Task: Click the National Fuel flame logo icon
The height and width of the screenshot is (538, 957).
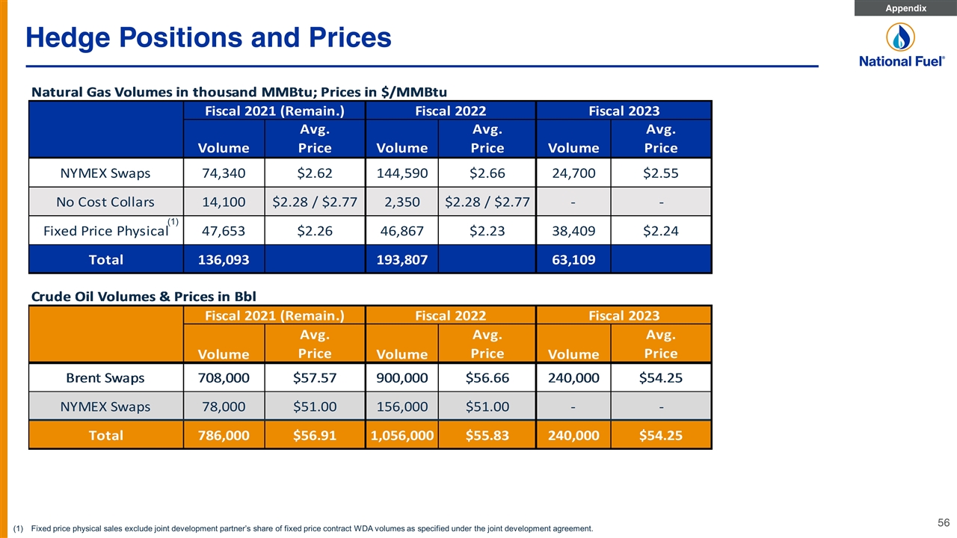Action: [x=901, y=37]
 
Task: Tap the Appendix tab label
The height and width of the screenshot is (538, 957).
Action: [x=905, y=8]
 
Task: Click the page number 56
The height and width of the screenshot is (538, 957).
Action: [x=944, y=522]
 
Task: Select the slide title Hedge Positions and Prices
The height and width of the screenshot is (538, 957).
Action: [x=209, y=37]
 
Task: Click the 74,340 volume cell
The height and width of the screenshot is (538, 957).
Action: [x=224, y=173]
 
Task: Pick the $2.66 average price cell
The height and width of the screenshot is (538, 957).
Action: [x=487, y=173]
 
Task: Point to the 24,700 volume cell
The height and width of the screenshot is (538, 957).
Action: [x=573, y=173]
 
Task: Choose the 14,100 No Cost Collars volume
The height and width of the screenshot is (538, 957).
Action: [x=224, y=202]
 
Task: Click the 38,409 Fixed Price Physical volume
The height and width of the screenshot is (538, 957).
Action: [x=573, y=231]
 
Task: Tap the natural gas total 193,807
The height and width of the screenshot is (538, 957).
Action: [x=402, y=259]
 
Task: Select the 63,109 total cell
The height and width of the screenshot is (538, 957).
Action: [x=573, y=259]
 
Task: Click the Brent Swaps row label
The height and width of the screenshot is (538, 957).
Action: [x=105, y=378]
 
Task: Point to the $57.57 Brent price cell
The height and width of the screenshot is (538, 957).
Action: [x=315, y=378]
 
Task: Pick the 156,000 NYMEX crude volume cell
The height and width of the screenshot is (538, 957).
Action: [x=402, y=406]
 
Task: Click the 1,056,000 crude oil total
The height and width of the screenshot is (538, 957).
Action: [x=402, y=436]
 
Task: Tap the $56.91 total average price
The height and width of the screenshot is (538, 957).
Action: [x=315, y=436]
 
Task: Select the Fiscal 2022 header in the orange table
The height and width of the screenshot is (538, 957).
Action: [x=451, y=315]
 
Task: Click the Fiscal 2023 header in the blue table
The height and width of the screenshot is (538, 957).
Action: [x=624, y=111]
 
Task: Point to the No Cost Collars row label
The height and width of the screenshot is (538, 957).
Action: [x=105, y=202]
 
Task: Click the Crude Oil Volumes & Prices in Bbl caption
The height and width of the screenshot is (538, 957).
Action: [x=144, y=297]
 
